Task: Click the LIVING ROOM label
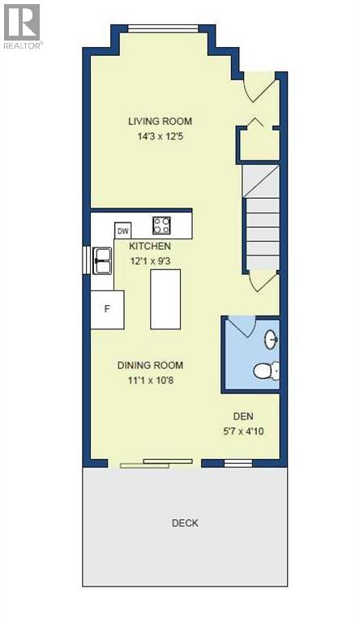tap(160, 122)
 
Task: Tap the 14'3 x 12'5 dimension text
tap(160, 136)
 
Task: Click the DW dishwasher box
tap(123, 231)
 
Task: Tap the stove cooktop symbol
tap(162, 225)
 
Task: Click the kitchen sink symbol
tap(103, 260)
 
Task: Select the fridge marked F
tap(106, 309)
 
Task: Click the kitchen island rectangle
tap(165, 299)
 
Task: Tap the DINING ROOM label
tap(150, 365)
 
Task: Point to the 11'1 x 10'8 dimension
tap(150, 380)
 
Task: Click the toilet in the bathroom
tap(264, 372)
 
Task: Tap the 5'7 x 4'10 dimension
tap(244, 431)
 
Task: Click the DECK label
tap(185, 523)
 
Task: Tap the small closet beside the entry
tap(258, 144)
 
